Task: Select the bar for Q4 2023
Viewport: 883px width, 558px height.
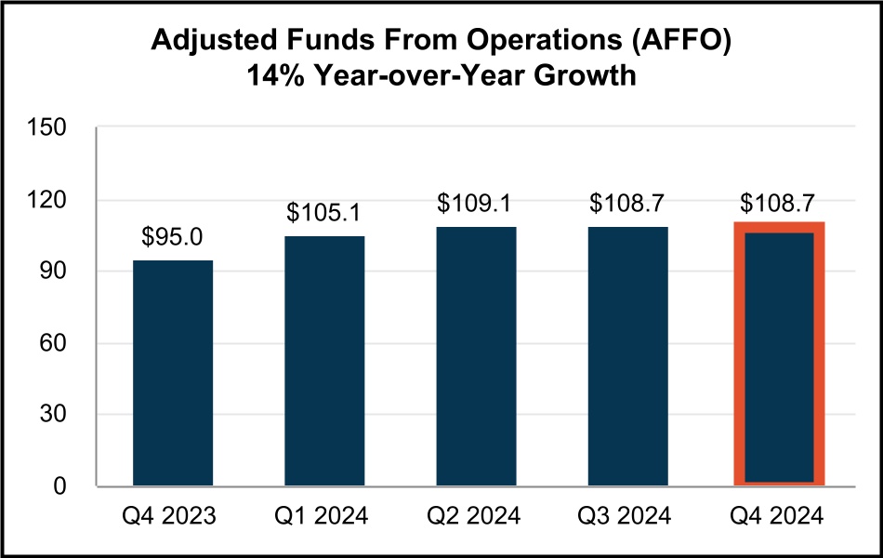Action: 173,373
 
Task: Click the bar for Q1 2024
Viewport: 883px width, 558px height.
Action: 324,361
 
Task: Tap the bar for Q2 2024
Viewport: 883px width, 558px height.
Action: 476,356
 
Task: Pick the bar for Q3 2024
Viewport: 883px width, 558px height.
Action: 627,356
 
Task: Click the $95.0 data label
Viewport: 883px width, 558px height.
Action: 173,238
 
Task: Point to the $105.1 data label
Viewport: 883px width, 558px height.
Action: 324,214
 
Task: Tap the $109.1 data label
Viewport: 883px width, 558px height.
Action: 476,203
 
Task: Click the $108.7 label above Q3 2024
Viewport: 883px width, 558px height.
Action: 627,203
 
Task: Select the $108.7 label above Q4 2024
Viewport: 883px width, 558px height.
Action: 779,203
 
